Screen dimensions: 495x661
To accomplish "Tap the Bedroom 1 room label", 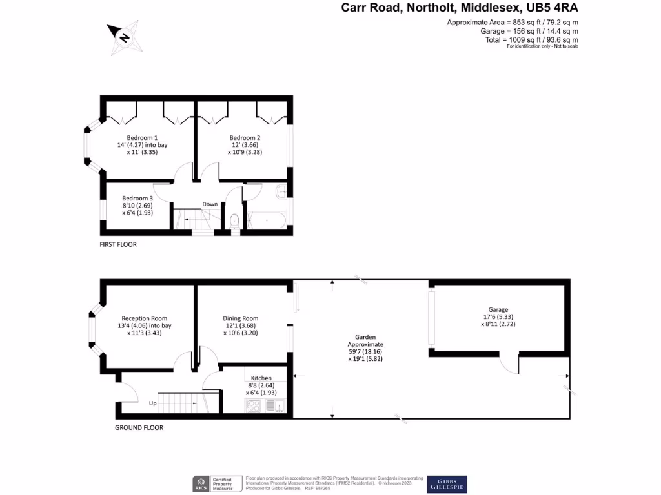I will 142,137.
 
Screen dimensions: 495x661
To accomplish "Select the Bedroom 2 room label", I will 245,137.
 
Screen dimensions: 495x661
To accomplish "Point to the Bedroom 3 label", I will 137,198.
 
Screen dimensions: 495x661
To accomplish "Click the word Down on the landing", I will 210,204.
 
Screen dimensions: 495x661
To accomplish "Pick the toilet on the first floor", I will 235,221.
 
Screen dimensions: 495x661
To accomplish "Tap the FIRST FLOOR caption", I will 118,245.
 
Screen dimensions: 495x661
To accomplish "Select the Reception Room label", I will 145,318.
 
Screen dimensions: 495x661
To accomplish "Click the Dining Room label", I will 241,318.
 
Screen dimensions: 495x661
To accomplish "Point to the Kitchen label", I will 261,378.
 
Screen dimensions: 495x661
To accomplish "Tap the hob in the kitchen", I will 252,405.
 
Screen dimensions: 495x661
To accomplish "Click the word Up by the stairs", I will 153,403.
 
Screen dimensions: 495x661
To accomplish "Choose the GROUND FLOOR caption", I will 139,427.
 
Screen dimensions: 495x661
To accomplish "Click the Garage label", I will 498,309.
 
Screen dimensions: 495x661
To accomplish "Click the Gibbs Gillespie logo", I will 447,484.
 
